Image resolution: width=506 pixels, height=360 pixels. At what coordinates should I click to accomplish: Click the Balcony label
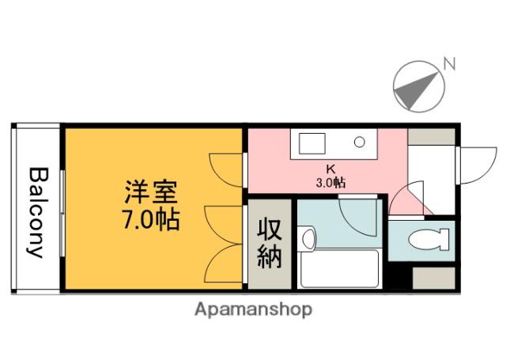[x=36, y=212]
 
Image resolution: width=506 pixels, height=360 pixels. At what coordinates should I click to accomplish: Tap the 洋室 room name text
[x=149, y=191]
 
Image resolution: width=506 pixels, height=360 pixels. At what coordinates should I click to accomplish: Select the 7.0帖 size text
[x=149, y=218]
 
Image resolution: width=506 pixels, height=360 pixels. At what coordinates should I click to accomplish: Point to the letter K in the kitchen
[x=331, y=168]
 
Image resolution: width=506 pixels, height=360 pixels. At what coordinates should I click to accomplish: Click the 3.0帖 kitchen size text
[x=331, y=181]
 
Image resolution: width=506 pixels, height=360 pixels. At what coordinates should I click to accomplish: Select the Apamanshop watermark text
[x=253, y=309]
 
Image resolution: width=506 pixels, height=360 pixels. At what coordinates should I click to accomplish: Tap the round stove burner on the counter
[x=358, y=143]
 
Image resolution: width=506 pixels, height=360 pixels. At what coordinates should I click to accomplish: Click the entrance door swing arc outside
[x=474, y=165]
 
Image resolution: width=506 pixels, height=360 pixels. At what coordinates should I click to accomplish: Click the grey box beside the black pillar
[x=434, y=277]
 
